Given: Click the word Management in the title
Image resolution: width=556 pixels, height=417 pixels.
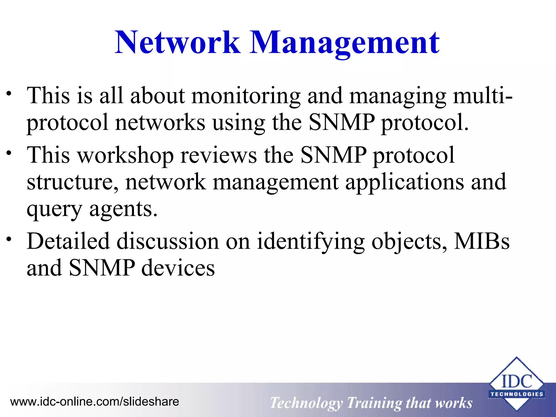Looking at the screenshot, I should [x=344, y=43].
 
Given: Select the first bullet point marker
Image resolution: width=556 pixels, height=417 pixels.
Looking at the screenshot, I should [x=9, y=94].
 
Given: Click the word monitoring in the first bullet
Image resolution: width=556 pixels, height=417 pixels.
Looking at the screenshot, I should [x=246, y=96].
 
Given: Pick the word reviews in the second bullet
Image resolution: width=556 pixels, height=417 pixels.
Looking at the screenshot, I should [x=218, y=155].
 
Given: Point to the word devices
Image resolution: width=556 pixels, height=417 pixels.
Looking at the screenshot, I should [x=178, y=268].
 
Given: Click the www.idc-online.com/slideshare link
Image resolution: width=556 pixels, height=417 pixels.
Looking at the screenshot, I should [x=94, y=402].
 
